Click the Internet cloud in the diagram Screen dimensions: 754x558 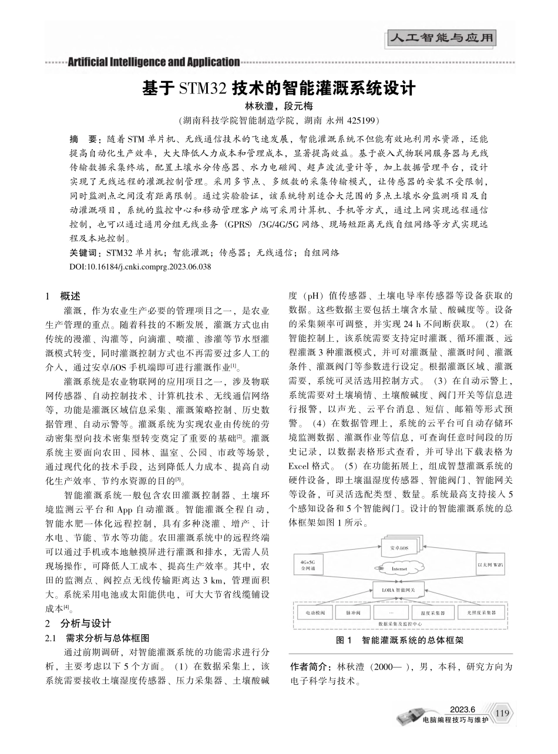tap(399, 568)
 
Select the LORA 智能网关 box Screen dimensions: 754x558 tap(399, 588)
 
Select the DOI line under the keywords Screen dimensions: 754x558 tap(140, 267)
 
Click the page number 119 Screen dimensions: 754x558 tap(501, 713)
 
